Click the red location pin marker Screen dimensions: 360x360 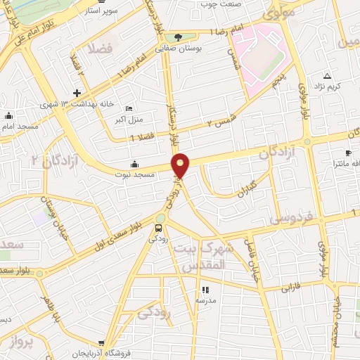[181, 165]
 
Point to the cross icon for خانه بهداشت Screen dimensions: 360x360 [77, 93]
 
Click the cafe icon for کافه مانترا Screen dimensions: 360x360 [347, 153]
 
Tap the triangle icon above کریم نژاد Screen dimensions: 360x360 [327, 75]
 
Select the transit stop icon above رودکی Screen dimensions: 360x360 [160, 228]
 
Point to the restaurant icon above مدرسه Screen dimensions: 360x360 [205, 290]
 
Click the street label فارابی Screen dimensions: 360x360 [290, 288]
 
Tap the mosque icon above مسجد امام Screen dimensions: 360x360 [8, 115]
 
